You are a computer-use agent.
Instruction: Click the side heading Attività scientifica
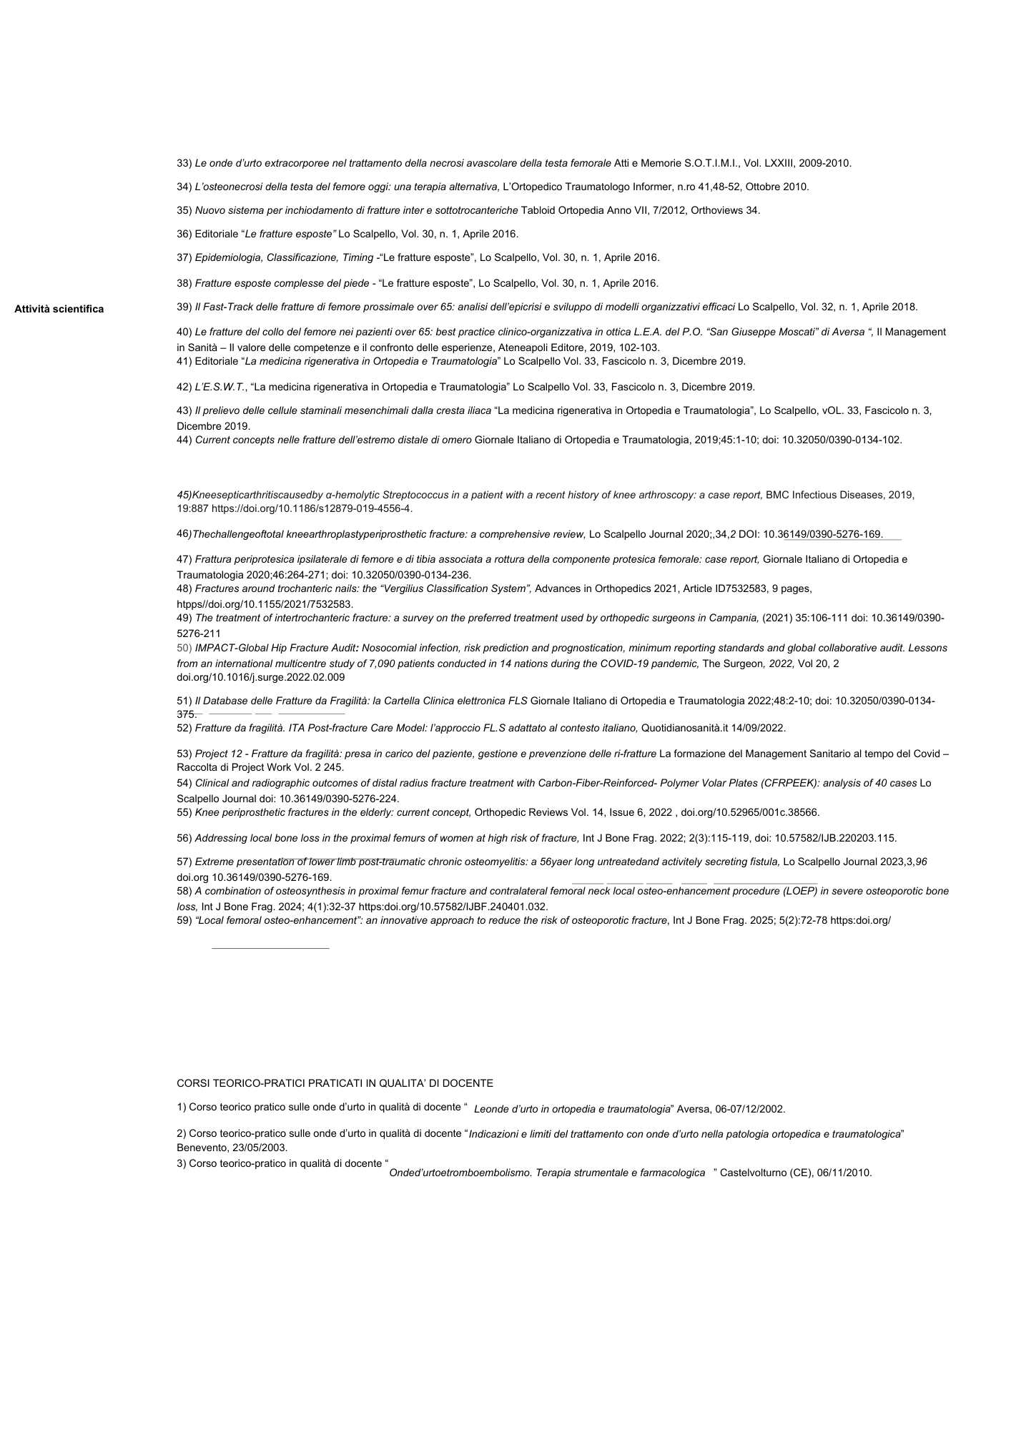[59, 309]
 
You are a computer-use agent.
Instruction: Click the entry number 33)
[184, 163]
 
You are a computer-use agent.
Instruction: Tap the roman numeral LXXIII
[779, 163]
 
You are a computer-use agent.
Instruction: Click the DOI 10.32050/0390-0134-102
[842, 440]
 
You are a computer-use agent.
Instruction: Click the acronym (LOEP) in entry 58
[799, 891]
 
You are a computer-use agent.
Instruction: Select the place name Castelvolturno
[753, 1173]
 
